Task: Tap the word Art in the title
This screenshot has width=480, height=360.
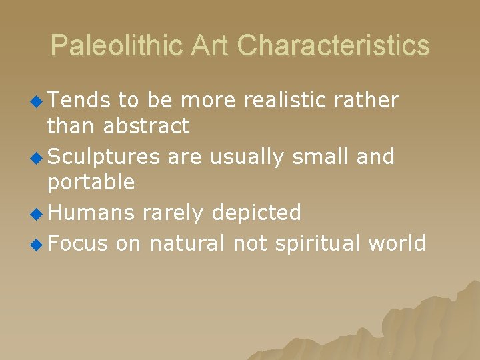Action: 211,46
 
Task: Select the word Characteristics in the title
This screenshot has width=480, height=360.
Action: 333,46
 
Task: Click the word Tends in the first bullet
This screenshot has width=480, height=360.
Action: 79,101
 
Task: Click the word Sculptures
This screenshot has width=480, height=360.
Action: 104,157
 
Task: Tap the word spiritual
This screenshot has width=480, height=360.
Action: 312,244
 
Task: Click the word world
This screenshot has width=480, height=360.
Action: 397,243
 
